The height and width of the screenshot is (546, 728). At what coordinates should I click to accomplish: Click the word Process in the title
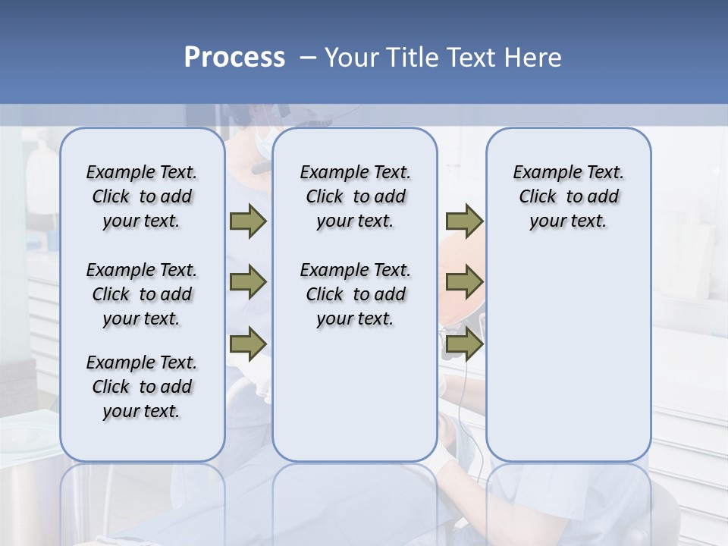coord(234,58)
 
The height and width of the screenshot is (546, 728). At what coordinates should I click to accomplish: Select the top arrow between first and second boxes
coord(248,221)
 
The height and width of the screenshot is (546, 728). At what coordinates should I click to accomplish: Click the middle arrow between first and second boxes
coord(248,282)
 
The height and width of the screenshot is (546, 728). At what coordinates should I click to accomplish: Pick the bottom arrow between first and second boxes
coord(248,344)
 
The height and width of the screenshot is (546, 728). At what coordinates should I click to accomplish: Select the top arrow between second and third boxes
coord(464,221)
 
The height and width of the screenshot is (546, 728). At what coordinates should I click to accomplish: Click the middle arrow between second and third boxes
coord(464,282)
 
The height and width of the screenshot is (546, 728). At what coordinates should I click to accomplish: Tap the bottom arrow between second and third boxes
coord(464,344)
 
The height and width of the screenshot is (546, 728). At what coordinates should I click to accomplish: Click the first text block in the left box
coord(142,196)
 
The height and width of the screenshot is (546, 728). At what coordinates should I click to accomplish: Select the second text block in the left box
coord(142,294)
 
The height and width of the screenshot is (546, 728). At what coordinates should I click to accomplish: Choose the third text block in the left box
coord(142,387)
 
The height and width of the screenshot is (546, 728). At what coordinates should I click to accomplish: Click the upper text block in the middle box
coord(355,196)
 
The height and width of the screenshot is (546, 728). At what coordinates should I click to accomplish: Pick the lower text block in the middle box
coord(355,294)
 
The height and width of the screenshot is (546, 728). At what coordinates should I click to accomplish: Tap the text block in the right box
coord(568,196)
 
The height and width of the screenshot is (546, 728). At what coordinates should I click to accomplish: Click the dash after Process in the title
coord(308,58)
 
